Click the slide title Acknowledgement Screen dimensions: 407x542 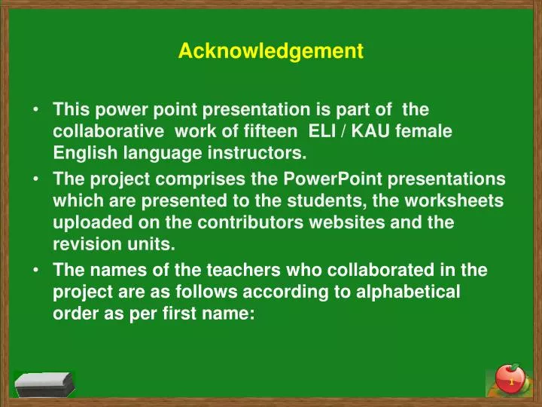(x=270, y=51)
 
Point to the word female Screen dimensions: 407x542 (x=426, y=131)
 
